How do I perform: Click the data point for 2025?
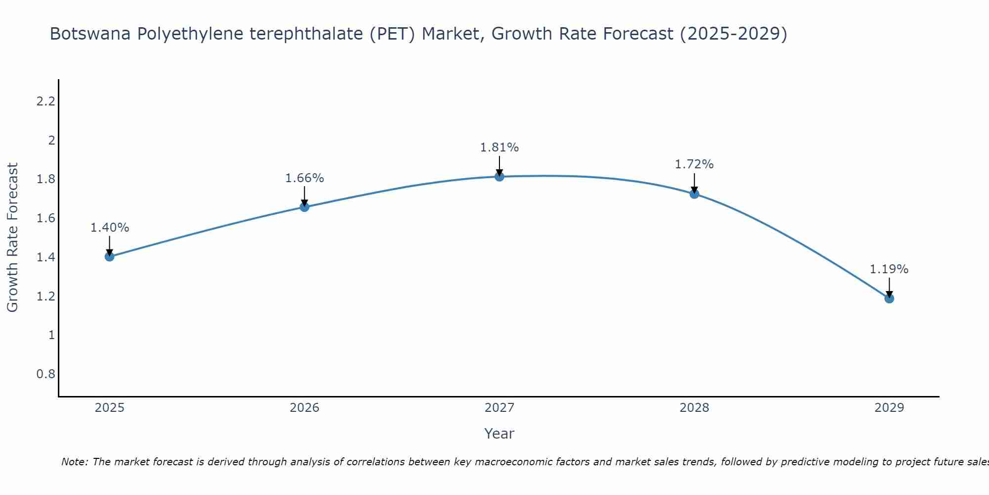[110, 256]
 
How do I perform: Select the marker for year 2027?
[499, 177]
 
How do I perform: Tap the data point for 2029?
[889, 298]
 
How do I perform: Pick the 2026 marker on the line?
[305, 207]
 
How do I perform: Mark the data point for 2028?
[694, 194]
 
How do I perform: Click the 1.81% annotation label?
[499, 148]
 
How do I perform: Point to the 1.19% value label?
[889, 269]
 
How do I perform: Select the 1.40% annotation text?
[110, 228]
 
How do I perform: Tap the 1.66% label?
[305, 178]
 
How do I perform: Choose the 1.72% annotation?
[694, 164]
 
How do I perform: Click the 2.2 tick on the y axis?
[45, 101]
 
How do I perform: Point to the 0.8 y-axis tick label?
[45, 374]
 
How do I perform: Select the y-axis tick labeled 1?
[51, 335]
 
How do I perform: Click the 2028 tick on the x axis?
[694, 408]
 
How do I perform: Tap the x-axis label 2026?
[305, 408]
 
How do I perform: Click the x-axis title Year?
[499, 434]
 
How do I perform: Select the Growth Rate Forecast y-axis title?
[12, 238]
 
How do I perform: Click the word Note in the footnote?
[74, 462]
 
